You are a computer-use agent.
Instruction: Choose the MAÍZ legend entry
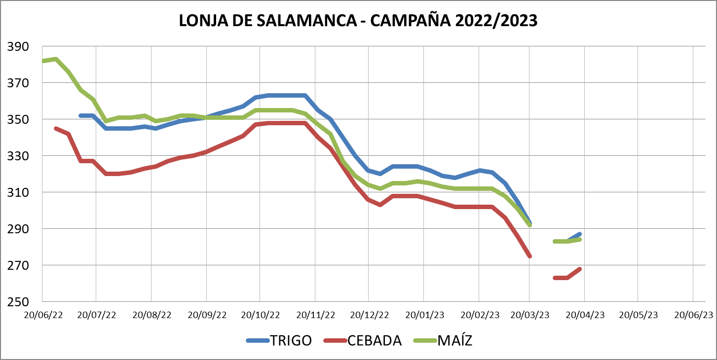click(454, 340)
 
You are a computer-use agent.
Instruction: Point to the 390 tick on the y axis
click(18, 47)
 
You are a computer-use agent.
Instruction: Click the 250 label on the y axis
click(18, 301)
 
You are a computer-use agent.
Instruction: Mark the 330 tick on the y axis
click(18, 156)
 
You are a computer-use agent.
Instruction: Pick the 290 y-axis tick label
click(18, 229)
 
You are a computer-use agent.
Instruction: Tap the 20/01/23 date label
click(424, 315)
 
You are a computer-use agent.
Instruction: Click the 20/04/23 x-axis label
click(585, 315)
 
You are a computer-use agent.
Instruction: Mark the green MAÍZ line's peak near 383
click(56, 59)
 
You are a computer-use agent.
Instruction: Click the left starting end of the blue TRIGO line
click(81, 115)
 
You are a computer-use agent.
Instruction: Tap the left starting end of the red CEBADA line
click(56, 128)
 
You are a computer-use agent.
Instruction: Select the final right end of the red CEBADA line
click(579, 269)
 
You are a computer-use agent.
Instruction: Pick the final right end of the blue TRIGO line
click(579, 234)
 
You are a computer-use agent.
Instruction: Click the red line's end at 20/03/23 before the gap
click(529, 256)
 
